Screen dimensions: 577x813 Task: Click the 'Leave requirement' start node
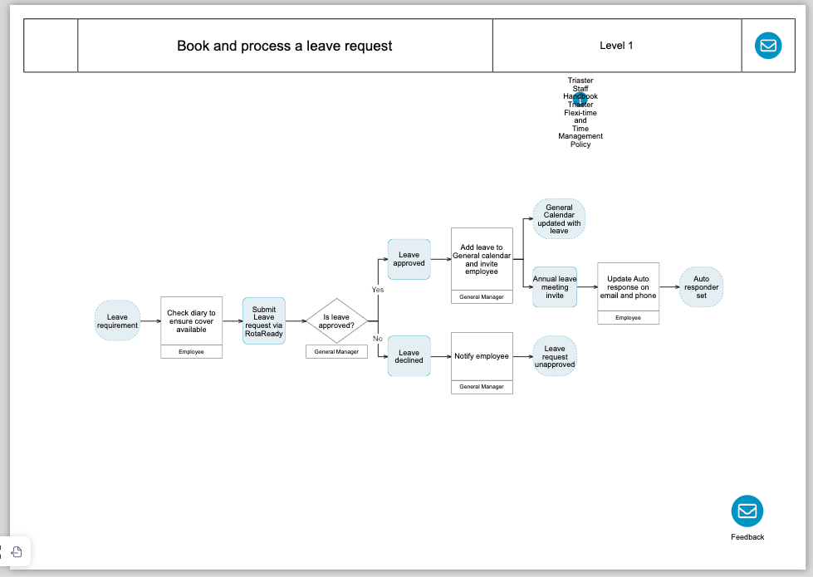117,321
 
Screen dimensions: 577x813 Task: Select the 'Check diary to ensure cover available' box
192,321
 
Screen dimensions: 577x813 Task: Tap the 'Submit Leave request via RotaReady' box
264,321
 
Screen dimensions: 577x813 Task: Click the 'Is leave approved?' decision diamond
337,321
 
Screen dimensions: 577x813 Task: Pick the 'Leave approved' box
409,259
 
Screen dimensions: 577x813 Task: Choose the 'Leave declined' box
409,356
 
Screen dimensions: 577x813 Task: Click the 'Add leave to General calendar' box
482,259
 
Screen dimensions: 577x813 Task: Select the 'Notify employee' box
482,356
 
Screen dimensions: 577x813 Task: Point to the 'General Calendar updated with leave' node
559,219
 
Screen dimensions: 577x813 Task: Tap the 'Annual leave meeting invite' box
555,287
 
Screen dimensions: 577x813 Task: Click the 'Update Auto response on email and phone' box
628,287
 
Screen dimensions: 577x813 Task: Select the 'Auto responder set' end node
701,287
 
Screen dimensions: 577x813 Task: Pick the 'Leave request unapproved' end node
555,356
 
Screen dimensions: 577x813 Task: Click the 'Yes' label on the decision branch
378,290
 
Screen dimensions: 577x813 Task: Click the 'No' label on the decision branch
377,339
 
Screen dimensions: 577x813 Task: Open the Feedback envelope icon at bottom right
747,511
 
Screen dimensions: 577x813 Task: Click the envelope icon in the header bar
768,45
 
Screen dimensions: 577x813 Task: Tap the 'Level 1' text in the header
616,46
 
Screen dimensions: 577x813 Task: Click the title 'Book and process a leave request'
285,46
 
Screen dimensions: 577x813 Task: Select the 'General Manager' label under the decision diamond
337,352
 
